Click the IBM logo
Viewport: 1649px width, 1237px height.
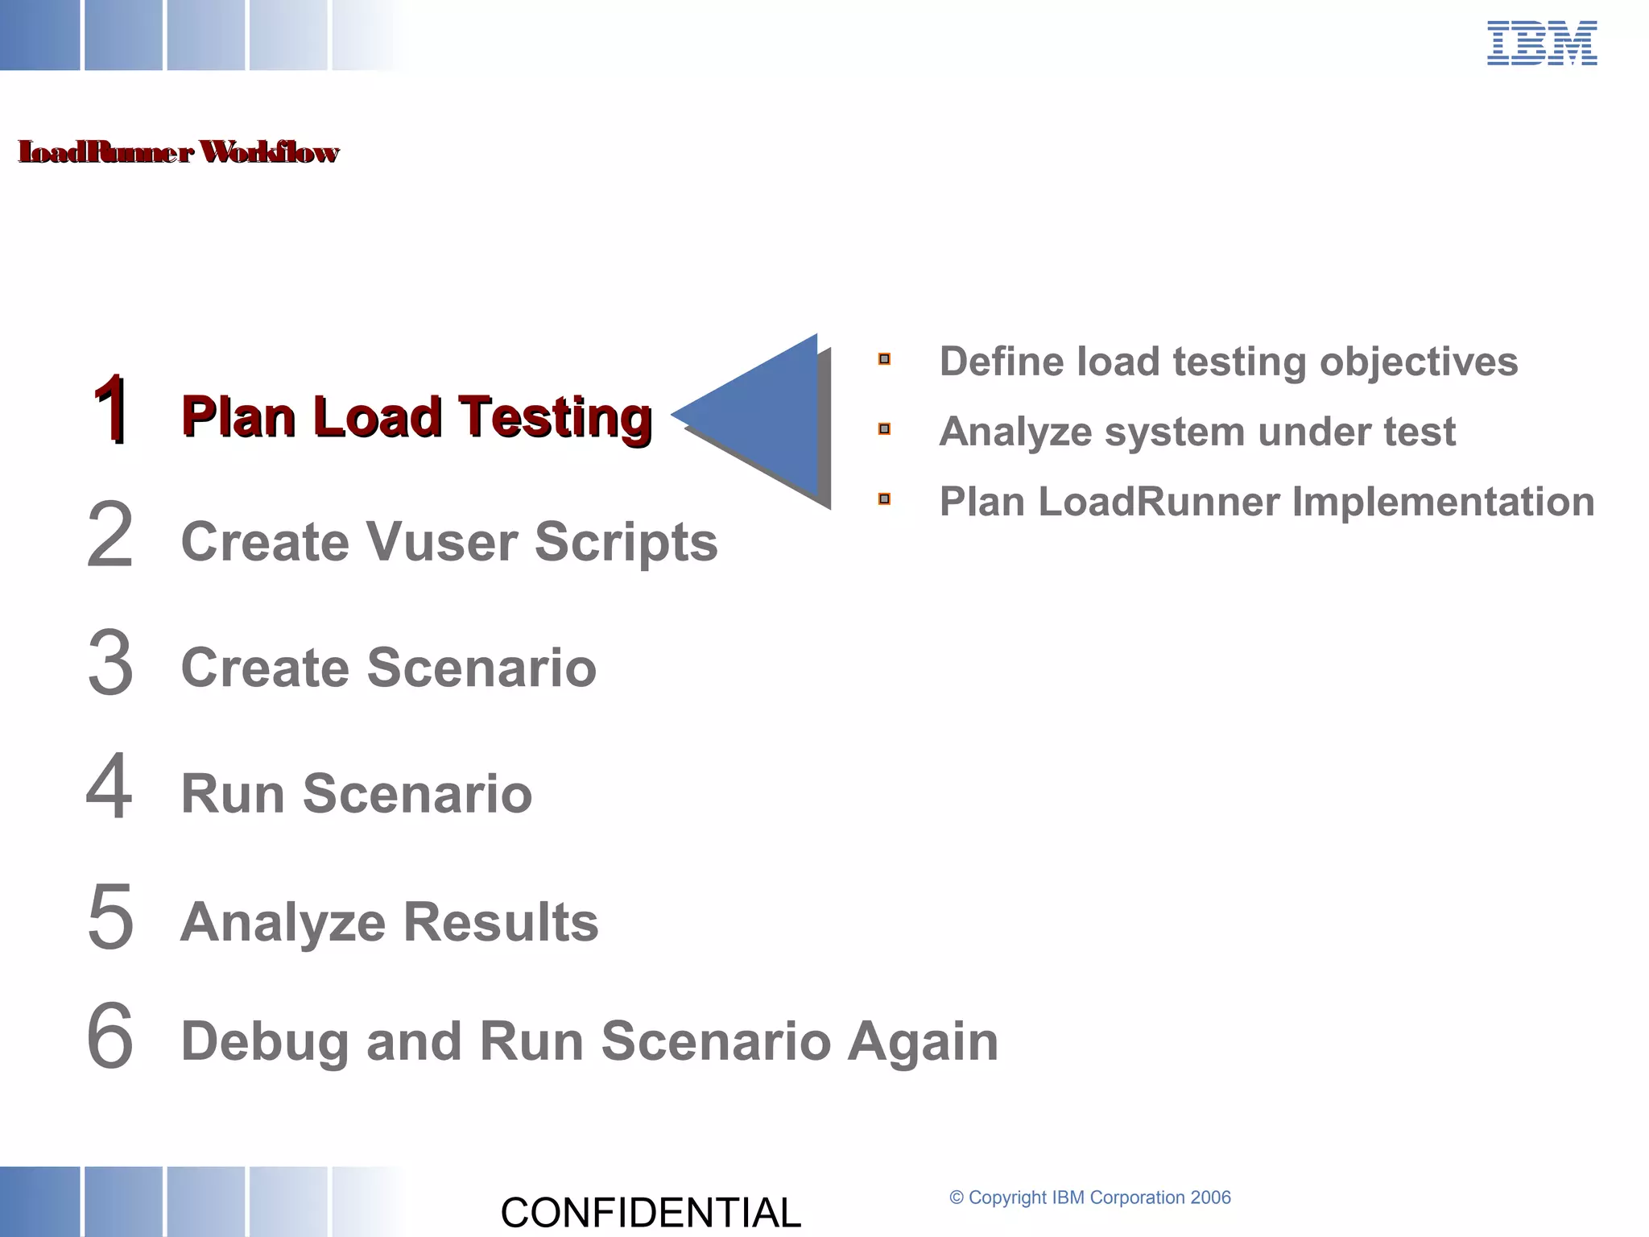point(1541,43)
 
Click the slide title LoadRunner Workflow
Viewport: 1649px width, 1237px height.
point(178,152)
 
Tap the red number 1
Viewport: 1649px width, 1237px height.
point(110,411)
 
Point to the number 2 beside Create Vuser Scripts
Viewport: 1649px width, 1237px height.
point(110,535)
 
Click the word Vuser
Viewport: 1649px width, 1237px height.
point(442,541)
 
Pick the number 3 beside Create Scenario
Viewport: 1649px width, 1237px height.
point(110,663)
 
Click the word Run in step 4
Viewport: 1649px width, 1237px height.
point(233,794)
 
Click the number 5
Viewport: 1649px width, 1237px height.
point(110,916)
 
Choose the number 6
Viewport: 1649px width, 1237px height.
point(110,1036)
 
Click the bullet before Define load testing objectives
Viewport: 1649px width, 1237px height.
point(884,359)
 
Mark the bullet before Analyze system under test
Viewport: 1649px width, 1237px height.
point(884,429)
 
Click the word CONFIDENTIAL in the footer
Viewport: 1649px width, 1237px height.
point(651,1213)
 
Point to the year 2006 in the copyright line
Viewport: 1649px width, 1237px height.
point(1210,1198)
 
